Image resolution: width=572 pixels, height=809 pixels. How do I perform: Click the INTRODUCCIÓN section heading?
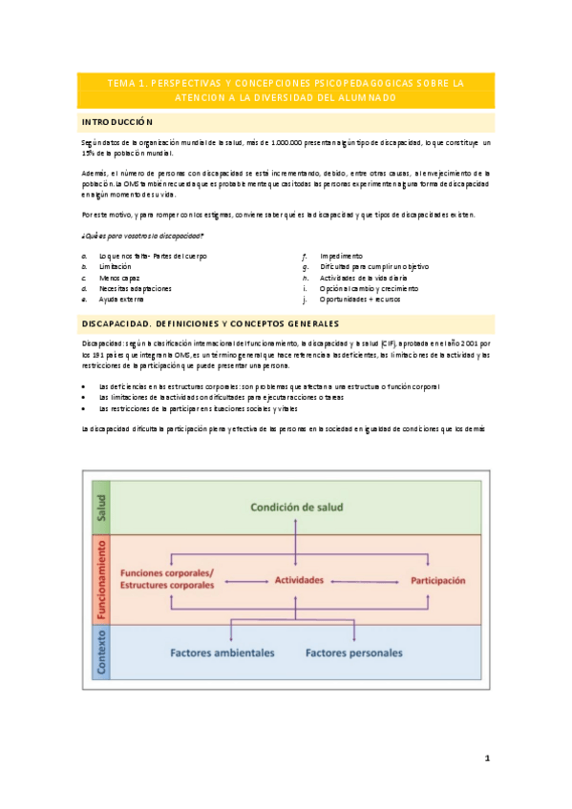click(x=117, y=122)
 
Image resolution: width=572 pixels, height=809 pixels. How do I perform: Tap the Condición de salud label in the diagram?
click(x=297, y=508)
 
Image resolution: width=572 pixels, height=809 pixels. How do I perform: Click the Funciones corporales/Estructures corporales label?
click(x=168, y=578)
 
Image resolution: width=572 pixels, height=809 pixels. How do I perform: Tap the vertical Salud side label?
click(x=100, y=508)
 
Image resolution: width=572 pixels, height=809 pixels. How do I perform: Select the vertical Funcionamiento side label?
click(x=100, y=579)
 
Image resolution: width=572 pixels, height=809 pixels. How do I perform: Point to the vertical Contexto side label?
click(x=100, y=652)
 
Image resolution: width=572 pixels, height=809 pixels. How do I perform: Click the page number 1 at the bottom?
click(x=486, y=758)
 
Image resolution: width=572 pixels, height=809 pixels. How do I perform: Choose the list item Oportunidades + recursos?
click(x=362, y=299)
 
